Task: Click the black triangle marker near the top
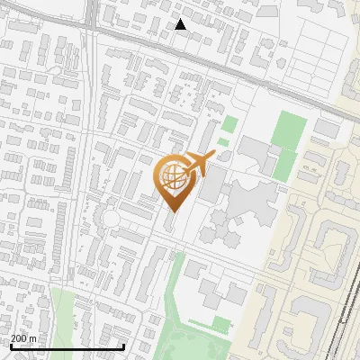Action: pos(181,24)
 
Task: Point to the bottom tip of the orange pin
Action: pos(172,211)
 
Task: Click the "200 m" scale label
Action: pos(23,338)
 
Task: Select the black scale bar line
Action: pos(67,346)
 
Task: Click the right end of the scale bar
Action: pos(123,346)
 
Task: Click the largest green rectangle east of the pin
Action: pos(289,130)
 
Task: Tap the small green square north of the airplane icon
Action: pos(230,124)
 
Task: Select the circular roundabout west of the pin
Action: pos(111,217)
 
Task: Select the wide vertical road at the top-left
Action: pos(93,22)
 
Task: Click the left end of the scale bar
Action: pos(11,346)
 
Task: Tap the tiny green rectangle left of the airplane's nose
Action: pos(222,141)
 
